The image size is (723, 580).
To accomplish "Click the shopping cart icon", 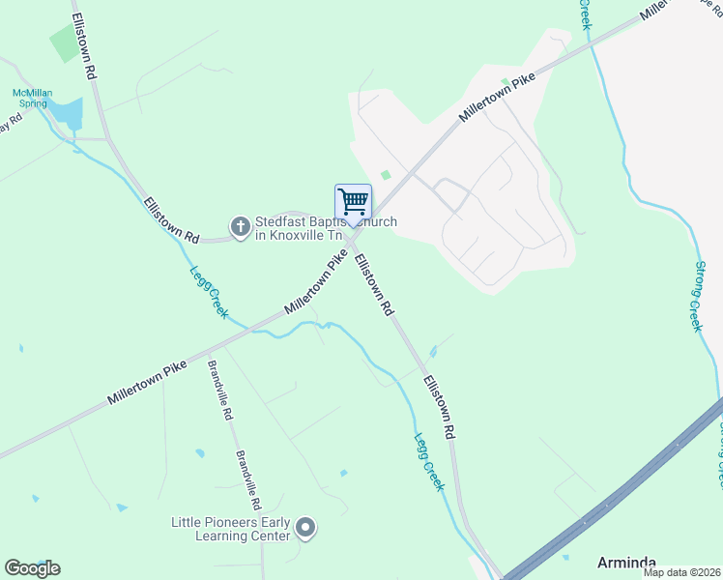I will coord(354,202).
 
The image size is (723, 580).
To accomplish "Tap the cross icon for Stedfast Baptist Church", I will coord(241,227).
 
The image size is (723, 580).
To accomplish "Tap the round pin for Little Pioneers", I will coord(305,528).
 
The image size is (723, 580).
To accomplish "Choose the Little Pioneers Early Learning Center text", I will coord(231,529).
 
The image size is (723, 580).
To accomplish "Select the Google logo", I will coord(32,568).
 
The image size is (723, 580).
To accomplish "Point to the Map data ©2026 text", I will coord(681,572).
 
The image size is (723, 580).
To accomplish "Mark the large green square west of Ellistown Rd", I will coord(65,42).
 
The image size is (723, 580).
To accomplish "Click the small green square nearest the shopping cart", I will coord(387,175).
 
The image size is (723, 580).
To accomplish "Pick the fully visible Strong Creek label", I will coord(696,296).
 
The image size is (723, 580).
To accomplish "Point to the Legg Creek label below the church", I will coord(210,293).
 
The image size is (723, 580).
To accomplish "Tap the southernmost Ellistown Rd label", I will coord(438,408).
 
